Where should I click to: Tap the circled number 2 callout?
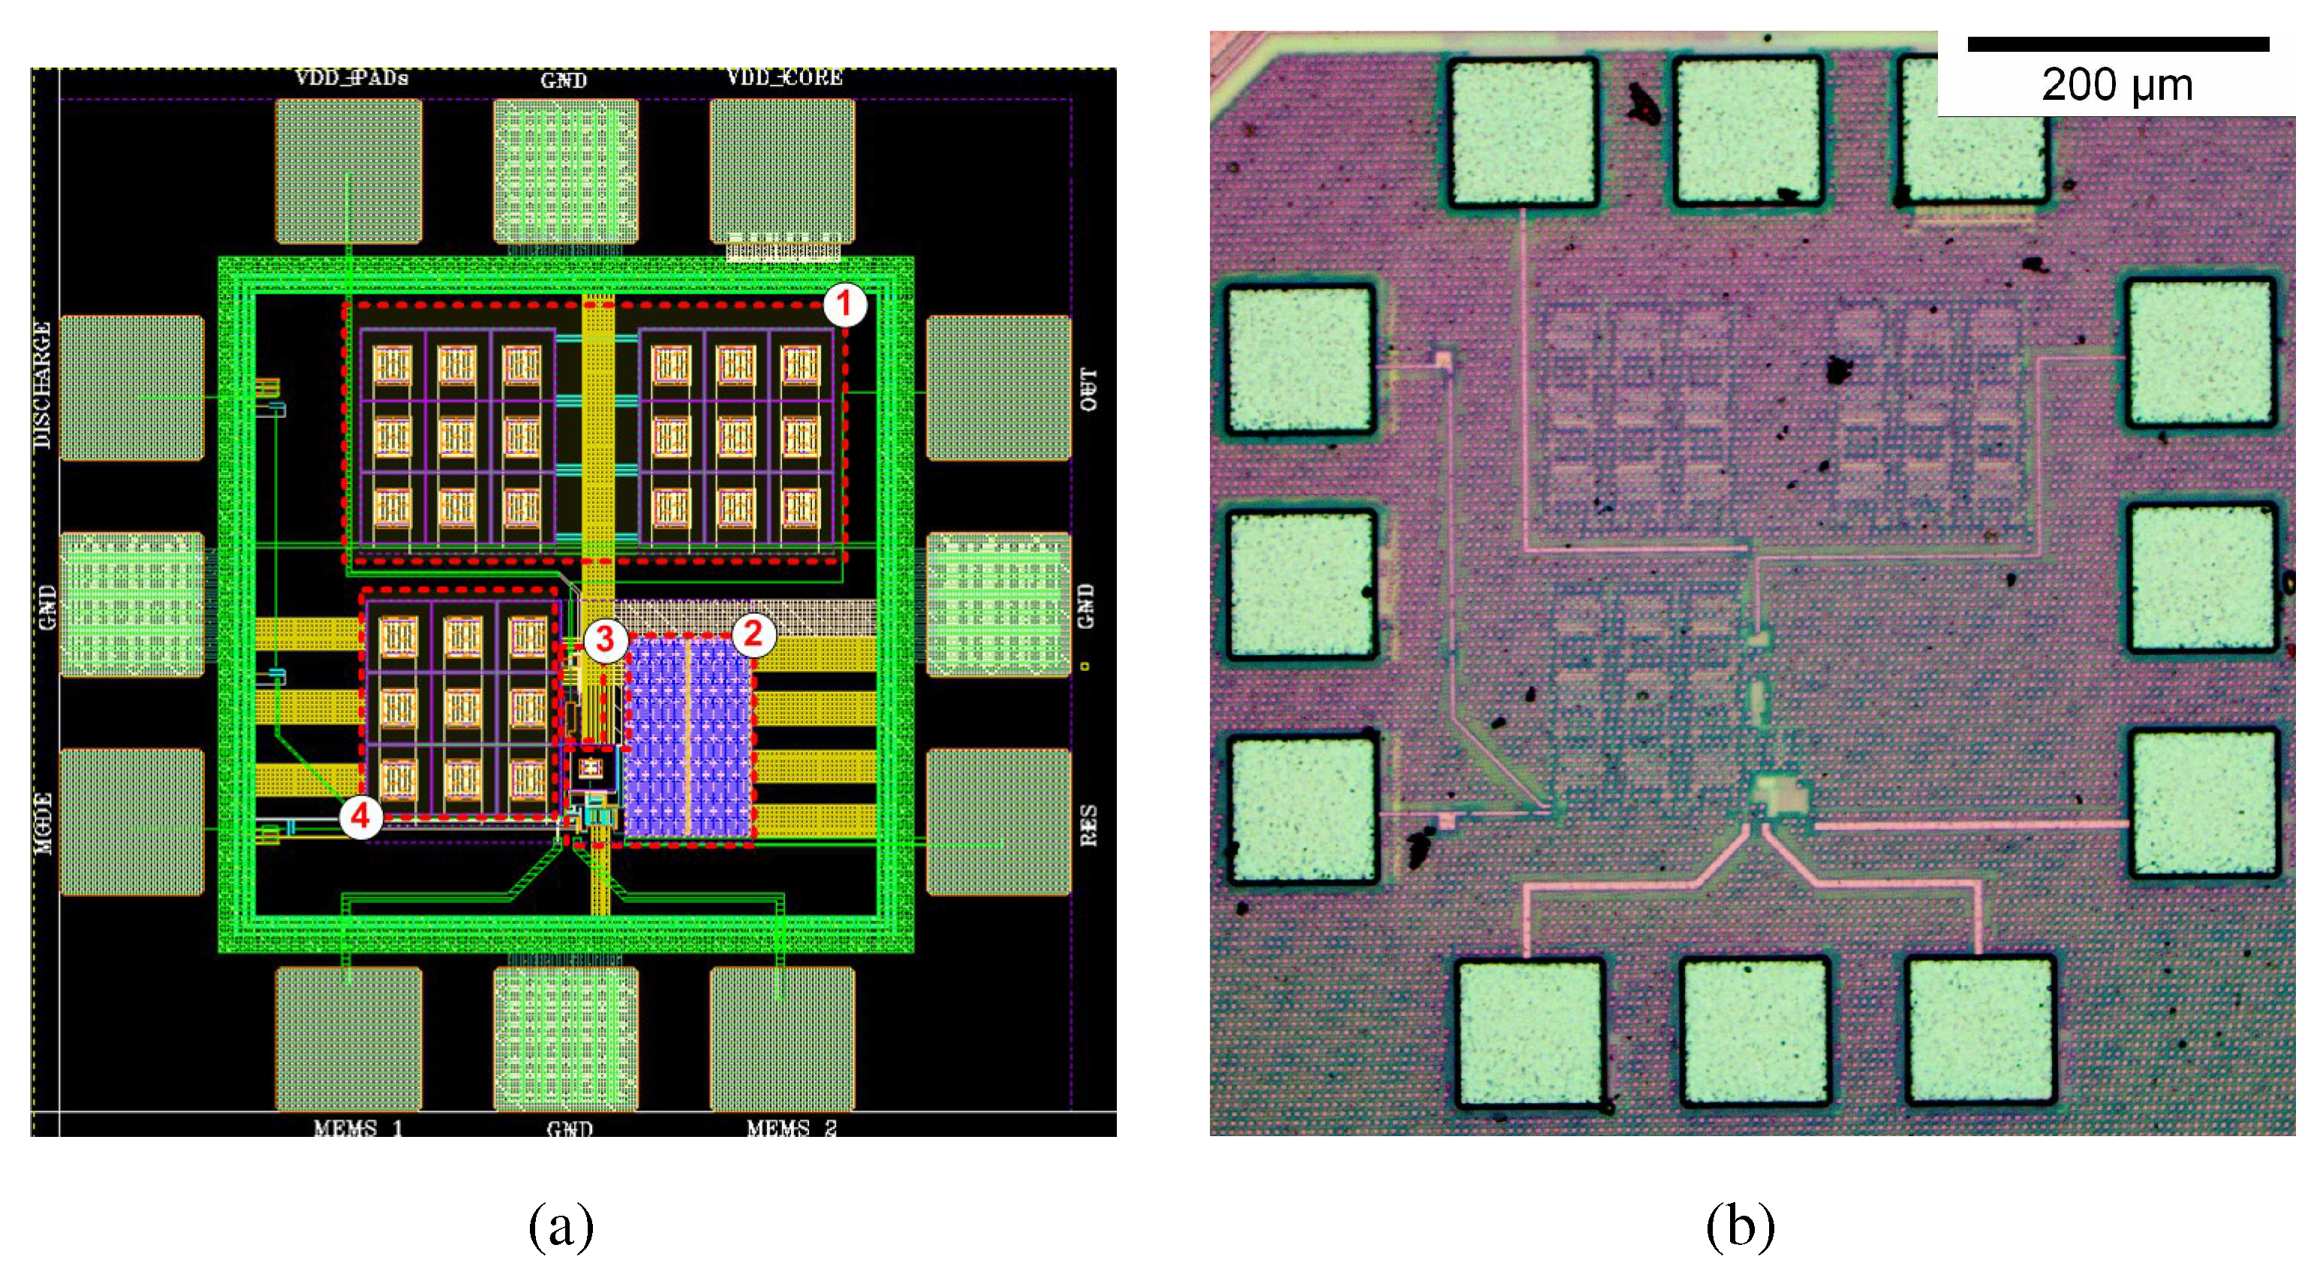(753, 635)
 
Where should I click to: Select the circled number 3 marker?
(605, 639)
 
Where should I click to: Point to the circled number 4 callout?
(361, 817)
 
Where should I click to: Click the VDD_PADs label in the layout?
(352, 79)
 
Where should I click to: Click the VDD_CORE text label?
(784, 79)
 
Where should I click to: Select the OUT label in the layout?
(1088, 389)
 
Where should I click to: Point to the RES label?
(1088, 825)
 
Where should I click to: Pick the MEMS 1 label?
(358, 1128)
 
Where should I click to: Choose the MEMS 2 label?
(791, 1128)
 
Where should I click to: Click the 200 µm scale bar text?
(2117, 86)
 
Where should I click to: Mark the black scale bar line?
(2117, 44)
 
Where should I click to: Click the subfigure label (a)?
(561, 1226)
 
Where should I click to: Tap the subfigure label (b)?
(1740, 1226)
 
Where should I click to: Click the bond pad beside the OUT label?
(998, 388)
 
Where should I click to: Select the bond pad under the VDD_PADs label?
(348, 170)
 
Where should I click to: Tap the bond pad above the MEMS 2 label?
(782, 1039)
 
